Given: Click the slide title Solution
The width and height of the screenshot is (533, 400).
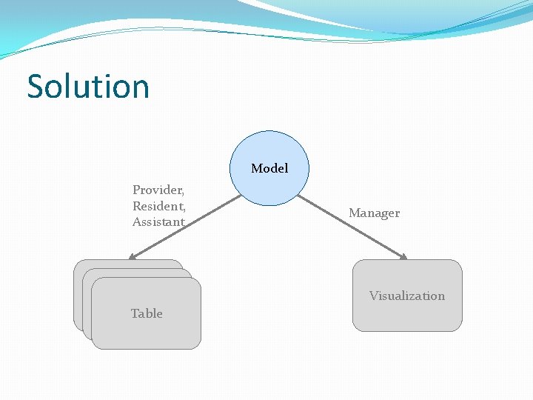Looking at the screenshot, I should (x=88, y=86).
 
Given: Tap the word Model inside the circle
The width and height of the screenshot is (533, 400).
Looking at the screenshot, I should (x=269, y=169).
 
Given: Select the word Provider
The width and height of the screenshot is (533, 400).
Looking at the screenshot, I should (x=158, y=190).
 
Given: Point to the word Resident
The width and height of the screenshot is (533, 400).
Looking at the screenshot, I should (x=158, y=206).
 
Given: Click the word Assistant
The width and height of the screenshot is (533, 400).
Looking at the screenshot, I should (x=158, y=221).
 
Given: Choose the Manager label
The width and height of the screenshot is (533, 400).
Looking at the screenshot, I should (x=374, y=213).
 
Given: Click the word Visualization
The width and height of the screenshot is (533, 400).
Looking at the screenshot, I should (x=407, y=296).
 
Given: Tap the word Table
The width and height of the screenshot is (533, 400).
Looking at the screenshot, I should (x=147, y=313).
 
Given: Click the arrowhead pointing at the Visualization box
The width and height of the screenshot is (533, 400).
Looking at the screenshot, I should (x=403, y=257).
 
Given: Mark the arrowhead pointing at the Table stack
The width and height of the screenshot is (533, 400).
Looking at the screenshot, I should (x=133, y=257).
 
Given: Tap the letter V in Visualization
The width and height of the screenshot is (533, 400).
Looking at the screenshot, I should (x=374, y=296).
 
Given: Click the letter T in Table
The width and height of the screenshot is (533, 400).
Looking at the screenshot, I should (x=135, y=313).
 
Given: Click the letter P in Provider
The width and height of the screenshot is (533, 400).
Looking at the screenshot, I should (x=136, y=190).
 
